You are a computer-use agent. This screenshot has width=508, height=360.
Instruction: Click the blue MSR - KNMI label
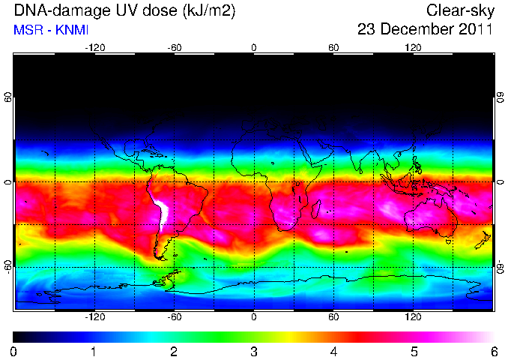(51, 30)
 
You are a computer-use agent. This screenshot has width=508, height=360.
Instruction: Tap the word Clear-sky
(460, 11)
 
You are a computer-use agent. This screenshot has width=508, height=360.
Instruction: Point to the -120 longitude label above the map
(95, 48)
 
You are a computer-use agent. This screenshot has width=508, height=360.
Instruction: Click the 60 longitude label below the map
(333, 316)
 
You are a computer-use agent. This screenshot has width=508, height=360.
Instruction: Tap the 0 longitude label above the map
(254, 48)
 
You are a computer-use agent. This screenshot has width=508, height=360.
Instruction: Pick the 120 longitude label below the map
(413, 316)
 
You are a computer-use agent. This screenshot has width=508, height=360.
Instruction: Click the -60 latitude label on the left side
(8, 267)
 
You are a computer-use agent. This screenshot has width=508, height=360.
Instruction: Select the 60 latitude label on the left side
(8, 97)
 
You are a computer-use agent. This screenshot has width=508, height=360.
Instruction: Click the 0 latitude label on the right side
(501, 182)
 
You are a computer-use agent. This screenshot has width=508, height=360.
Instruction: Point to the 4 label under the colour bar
(333, 352)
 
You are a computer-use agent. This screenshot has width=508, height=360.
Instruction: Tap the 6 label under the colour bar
(494, 352)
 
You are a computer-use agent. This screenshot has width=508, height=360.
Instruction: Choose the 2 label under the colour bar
(174, 352)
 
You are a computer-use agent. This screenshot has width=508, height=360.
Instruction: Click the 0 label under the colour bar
(13, 352)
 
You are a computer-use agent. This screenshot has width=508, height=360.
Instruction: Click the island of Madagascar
(316, 208)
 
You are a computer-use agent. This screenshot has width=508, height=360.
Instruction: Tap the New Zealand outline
(483, 240)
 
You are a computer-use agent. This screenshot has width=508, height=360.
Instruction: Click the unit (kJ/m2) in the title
(209, 11)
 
